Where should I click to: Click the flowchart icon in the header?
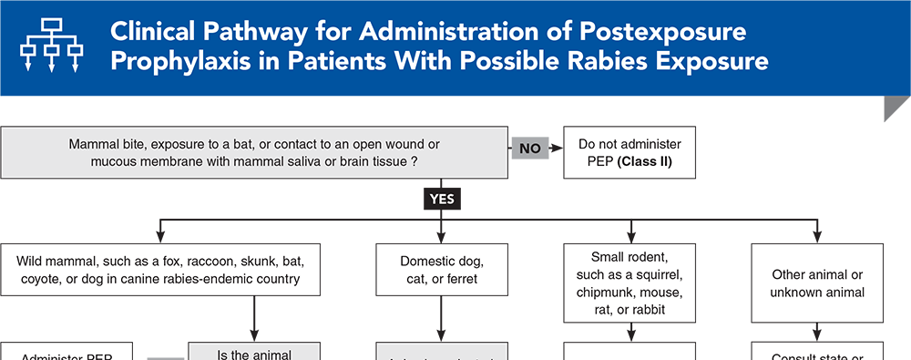point(51,47)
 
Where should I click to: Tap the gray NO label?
point(529,148)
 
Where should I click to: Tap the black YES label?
point(441,197)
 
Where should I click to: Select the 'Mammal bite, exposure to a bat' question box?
point(255,152)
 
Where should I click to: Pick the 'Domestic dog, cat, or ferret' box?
point(441,270)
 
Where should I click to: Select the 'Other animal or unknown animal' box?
point(817,283)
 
